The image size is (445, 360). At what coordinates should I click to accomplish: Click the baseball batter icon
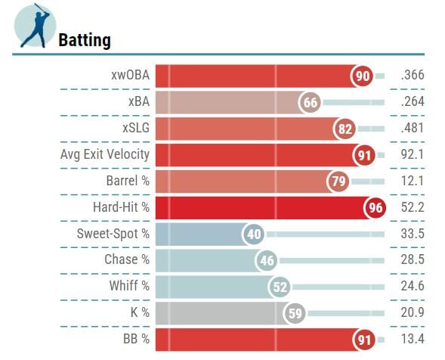click(34, 26)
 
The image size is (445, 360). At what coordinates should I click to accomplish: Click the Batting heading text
click(85, 40)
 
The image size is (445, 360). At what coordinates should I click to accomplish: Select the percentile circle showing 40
click(254, 234)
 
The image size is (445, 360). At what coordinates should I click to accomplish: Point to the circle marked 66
click(309, 102)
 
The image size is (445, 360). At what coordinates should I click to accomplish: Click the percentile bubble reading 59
click(295, 313)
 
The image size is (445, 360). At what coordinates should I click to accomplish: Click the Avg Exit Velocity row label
click(105, 154)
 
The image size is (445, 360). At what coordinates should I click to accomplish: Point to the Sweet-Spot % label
click(113, 234)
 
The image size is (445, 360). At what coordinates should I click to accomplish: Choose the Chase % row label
click(127, 260)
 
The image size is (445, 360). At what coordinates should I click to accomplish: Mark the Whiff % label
click(129, 287)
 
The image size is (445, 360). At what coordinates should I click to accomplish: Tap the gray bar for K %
click(219, 313)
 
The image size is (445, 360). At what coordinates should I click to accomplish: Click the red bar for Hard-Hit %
click(257, 207)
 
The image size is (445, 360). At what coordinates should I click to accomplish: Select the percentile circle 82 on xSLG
click(345, 129)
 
